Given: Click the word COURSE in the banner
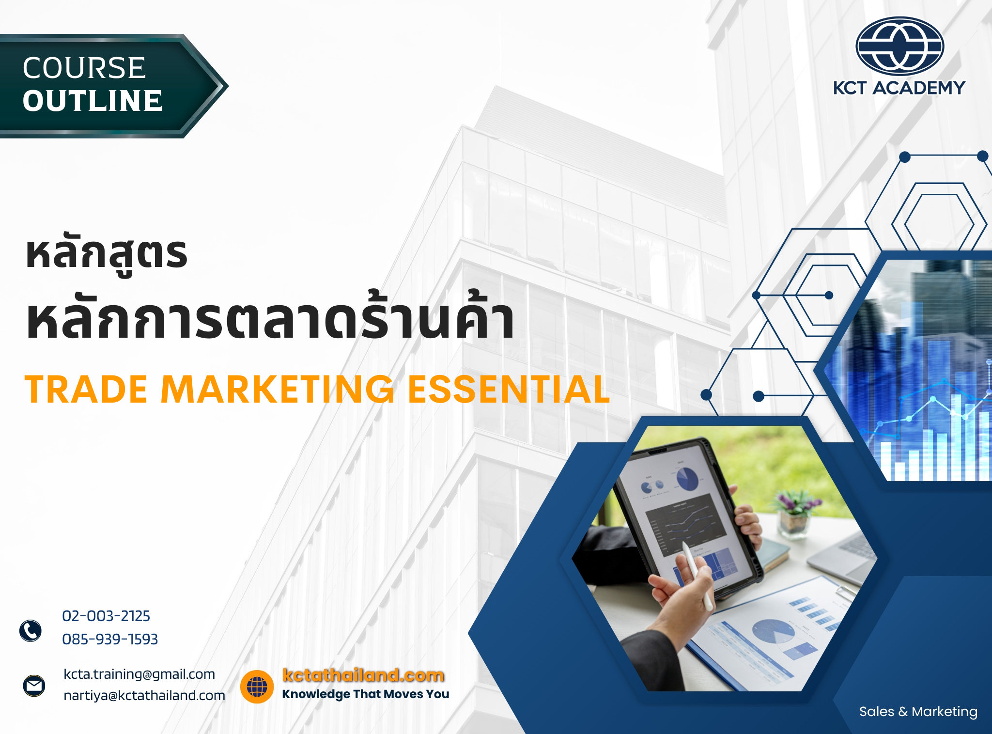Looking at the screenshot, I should (x=84, y=68).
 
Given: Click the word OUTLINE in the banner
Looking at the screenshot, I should (x=92, y=101).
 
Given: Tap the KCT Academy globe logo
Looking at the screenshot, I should (x=899, y=46).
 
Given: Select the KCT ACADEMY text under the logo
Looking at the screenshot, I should (x=899, y=88).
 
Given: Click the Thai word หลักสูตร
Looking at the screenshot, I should (x=107, y=254).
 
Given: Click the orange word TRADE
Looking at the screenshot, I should (x=86, y=390).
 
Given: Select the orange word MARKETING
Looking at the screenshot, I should (x=278, y=390).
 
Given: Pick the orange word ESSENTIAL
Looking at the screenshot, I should (x=509, y=390).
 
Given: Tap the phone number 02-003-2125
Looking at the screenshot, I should (x=106, y=616).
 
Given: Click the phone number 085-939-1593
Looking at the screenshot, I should (x=110, y=640).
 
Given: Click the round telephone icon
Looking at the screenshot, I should (x=31, y=631).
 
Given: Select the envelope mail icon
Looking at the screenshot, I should (x=34, y=686).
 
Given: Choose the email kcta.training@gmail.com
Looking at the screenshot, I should (x=139, y=674).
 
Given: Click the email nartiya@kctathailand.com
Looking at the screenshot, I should (x=144, y=696).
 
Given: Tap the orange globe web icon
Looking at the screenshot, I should (x=257, y=687).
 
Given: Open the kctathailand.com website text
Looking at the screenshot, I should (x=363, y=675).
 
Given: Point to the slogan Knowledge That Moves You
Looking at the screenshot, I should (x=365, y=694).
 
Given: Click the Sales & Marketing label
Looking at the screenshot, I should (x=918, y=712).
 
